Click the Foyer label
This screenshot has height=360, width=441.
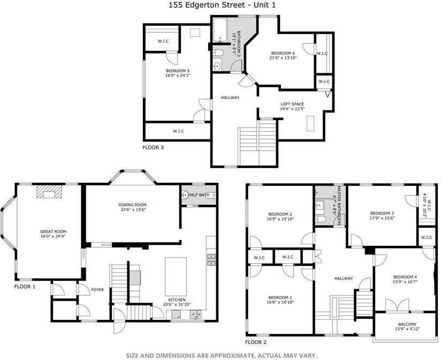point(97,290)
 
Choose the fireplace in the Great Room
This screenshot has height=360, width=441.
point(49,192)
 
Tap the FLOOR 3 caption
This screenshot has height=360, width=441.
point(153,147)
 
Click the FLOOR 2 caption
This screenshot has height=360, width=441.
point(256,342)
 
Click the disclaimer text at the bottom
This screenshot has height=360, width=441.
point(221,355)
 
